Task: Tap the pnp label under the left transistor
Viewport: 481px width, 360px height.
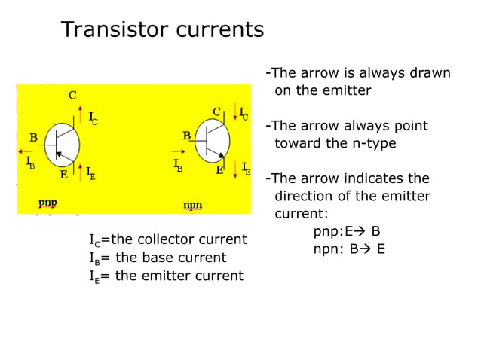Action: (47, 203)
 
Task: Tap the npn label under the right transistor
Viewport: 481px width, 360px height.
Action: (193, 205)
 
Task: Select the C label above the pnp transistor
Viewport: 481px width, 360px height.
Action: (72, 96)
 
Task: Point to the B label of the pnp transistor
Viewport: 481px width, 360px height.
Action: (33, 138)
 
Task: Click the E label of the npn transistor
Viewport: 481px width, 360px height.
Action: (220, 171)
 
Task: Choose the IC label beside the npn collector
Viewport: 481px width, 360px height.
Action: (244, 114)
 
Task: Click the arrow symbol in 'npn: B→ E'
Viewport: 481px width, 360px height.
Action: (368, 249)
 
